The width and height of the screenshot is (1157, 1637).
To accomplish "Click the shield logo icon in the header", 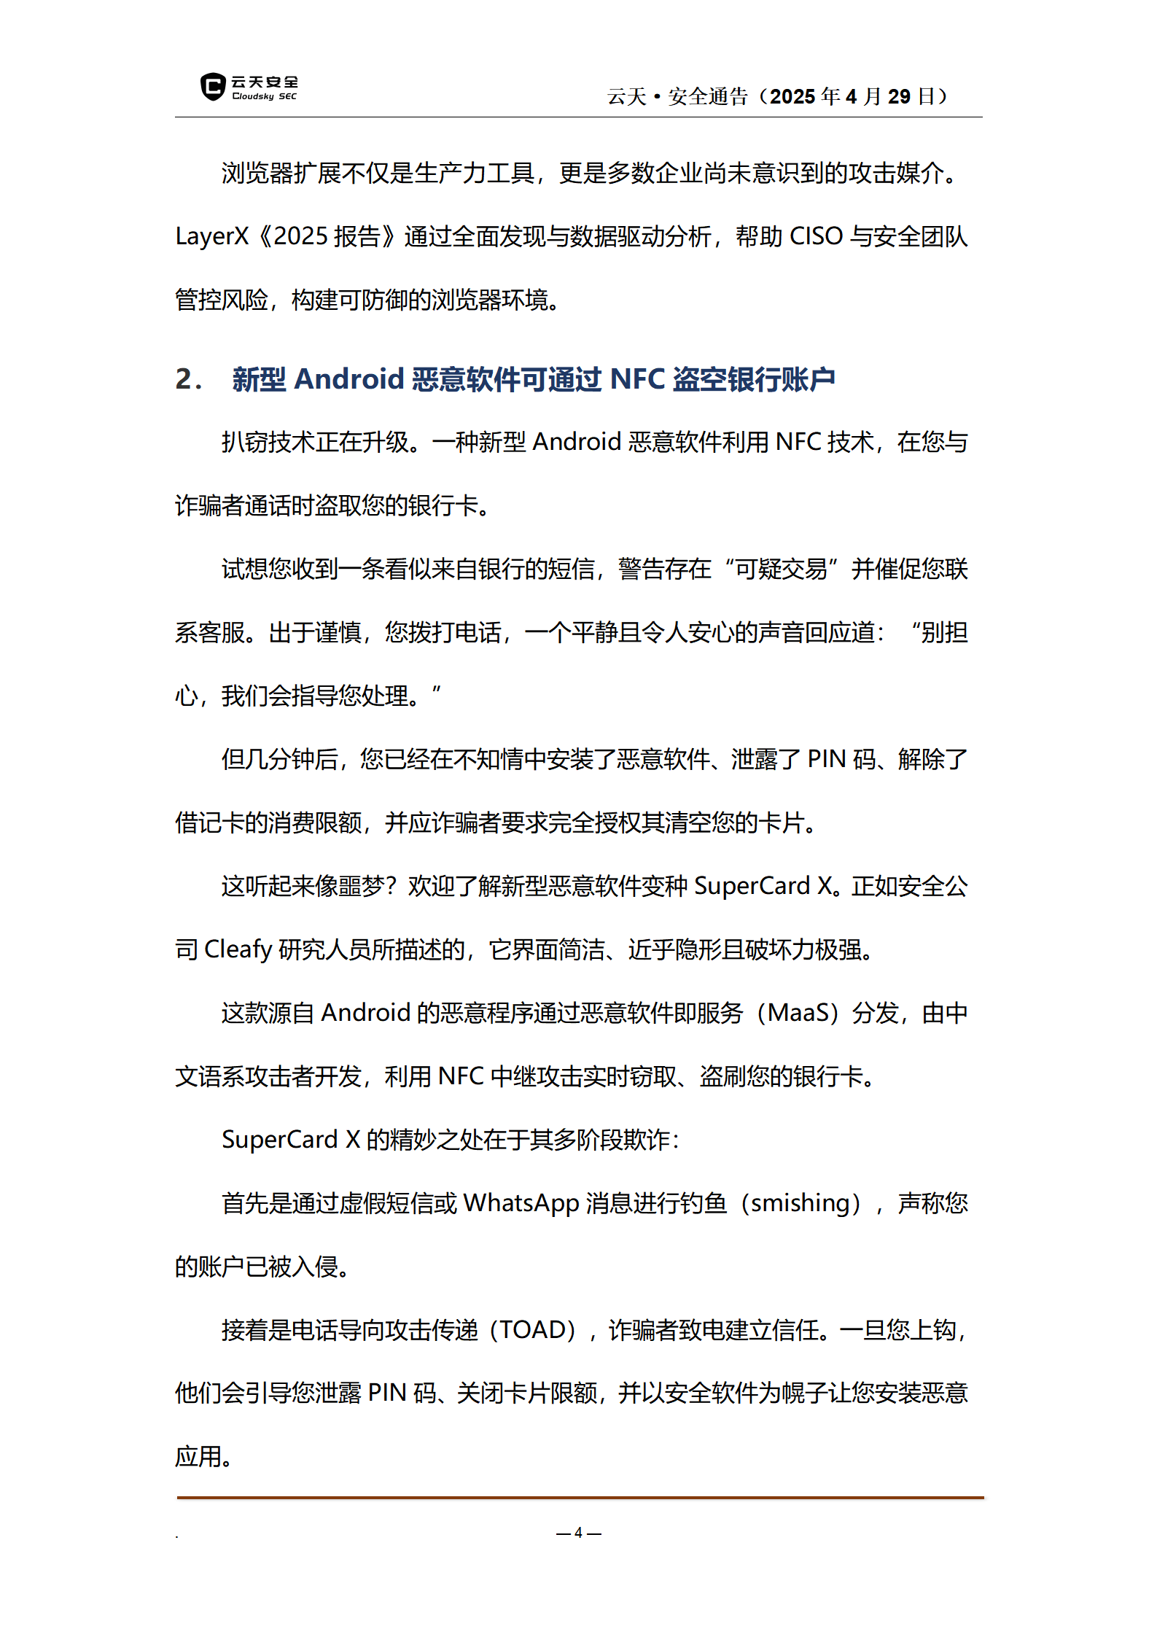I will pos(212,87).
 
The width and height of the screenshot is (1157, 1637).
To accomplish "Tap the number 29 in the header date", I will pos(899,96).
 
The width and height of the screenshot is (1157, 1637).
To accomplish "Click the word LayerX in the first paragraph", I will pos(212,237).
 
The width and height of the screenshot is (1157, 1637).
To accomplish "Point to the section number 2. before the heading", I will pos(188,379).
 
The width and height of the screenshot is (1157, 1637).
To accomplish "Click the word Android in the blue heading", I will pos(348,379).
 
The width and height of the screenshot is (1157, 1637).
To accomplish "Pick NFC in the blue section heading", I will pos(637,379).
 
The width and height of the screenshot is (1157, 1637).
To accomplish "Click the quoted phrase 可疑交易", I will pos(781,569).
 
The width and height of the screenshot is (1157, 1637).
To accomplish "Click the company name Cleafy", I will pos(238,949).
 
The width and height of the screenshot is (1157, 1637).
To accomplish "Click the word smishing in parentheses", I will pos(800,1203).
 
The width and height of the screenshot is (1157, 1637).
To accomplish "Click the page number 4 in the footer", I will pos(578,1533).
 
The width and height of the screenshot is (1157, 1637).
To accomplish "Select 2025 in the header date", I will pos(792,96).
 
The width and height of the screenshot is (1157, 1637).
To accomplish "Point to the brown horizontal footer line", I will pos(580,1498).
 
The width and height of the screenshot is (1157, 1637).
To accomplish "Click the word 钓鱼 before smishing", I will pos(703,1203).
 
